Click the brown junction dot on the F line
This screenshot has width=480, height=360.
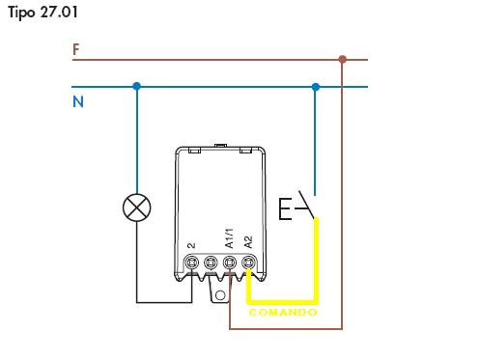(343, 60)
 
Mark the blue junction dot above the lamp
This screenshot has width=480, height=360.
(137, 87)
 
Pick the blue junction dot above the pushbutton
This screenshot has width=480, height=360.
(315, 87)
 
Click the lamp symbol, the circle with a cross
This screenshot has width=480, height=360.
(137, 207)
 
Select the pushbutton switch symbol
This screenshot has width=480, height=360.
(296, 207)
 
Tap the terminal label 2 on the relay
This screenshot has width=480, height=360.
(192, 246)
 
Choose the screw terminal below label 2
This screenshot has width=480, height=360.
(192, 263)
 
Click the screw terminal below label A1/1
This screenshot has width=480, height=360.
(230, 263)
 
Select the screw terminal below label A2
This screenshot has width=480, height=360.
(248, 263)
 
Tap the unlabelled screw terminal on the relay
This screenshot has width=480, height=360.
(211, 263)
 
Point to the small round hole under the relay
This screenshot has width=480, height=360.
(221, 293)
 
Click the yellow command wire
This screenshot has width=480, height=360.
(318, 261)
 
